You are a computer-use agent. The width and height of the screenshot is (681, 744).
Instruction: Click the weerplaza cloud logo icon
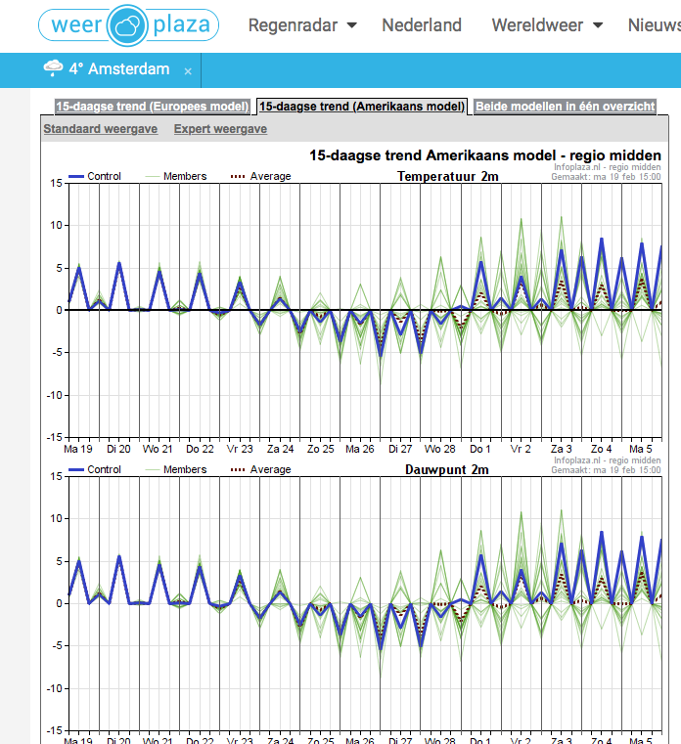(x=127, y=25)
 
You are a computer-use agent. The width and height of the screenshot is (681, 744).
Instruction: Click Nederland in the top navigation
(x=422, y=25)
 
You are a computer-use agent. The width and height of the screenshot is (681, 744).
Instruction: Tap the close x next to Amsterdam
(x=188, y=71)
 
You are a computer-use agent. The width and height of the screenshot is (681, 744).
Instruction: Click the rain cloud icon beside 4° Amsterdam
(x=53, y=68)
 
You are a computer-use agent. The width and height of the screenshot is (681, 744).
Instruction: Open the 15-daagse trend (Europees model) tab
(x=153, y=107)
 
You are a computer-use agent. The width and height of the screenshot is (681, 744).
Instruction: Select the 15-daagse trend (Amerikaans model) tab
(x=362, y=107)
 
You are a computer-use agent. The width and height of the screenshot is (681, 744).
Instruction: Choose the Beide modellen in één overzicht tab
(x=566, y=107)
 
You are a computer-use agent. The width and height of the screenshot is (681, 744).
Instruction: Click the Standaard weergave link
(x=101, y=129)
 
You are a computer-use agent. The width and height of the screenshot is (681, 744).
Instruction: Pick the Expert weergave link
(x=220, y=129)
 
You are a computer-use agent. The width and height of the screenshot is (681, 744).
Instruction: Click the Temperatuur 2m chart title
(x=448, y=177)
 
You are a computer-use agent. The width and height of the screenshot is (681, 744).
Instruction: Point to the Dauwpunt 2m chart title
(x=447, y=469)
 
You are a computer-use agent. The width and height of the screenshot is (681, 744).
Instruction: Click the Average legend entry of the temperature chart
(x=260, y=177)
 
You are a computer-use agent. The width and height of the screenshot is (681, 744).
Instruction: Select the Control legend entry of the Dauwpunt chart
(x=95, y=469)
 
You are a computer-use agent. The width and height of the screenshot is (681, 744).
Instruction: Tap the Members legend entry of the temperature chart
(x=176, y=177)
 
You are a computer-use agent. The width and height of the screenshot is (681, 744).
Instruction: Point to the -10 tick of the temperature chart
(x=55, y=395)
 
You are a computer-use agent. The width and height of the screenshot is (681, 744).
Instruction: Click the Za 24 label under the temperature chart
(x=280, y=449)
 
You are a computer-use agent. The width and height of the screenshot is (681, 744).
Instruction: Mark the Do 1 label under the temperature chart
(x=480, y=449)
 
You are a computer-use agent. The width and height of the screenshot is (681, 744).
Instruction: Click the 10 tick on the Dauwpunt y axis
(x=57, y=518)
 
